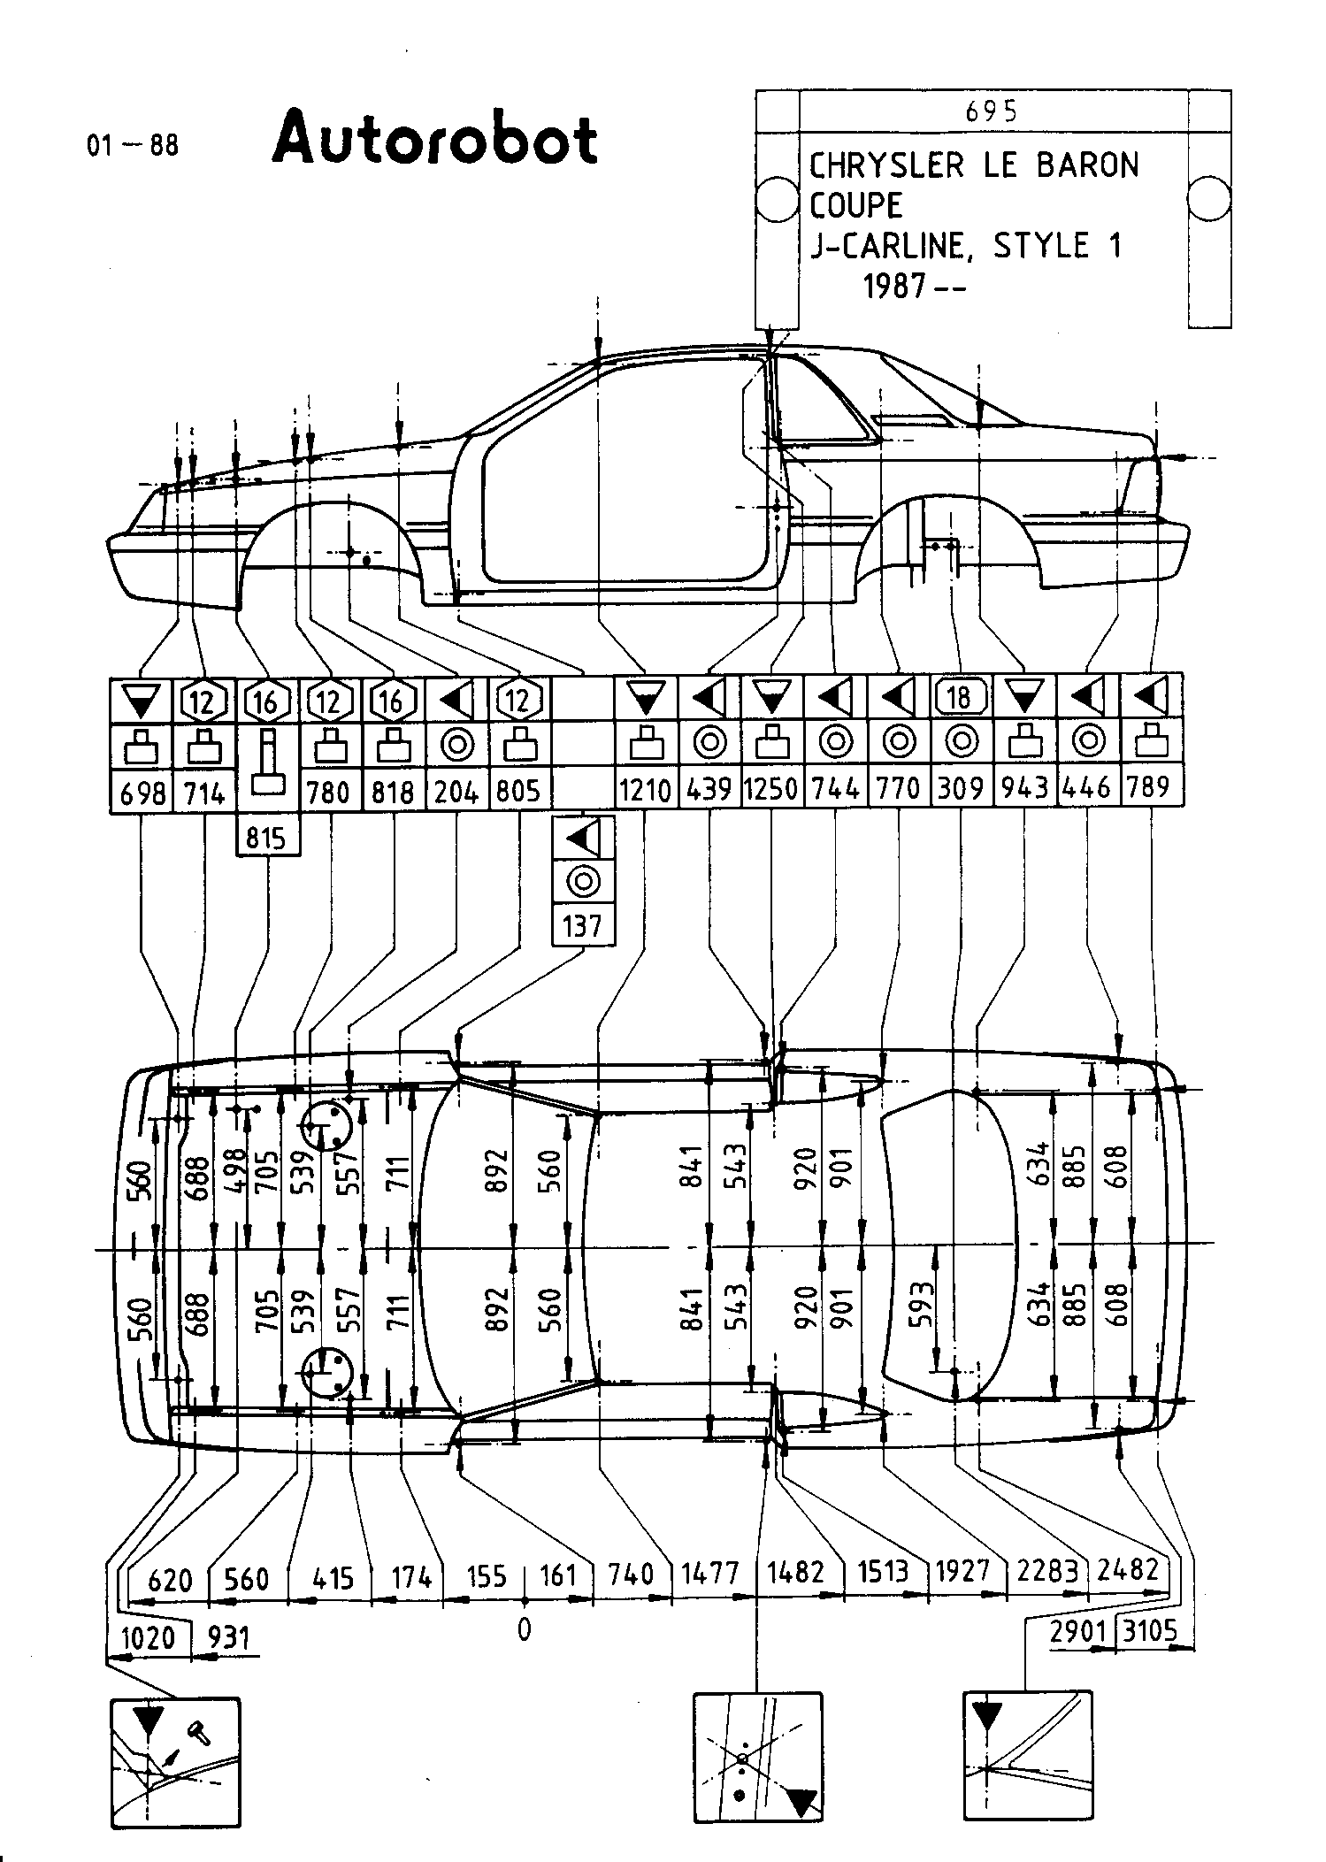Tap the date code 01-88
pyautogui.click(x=133, y=144)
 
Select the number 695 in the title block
pyautogui.click(x=992, y=111)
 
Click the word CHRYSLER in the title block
pyautogui.click(x=886, y=165)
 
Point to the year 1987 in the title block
pyautogui.click(x=896, y=286)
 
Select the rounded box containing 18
pyautogui.click(x=960, y=698)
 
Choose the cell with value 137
pyautogui.click(x=582, y=926)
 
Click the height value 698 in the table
pyautogui.click(x=142, y=792)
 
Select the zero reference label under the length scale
pyautogui.click(x=524, y=1630)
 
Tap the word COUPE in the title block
pyautogui.click(x=856, y=206)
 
